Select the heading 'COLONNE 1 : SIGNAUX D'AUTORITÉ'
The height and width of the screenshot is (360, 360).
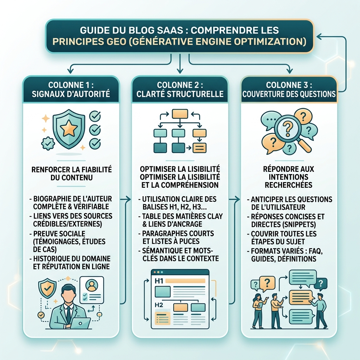pos(71,89)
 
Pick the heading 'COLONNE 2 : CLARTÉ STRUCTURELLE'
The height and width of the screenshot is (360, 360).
pos(180,89)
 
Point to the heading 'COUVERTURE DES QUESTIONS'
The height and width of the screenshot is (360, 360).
pos(289,94)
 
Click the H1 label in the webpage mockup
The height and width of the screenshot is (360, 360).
pos(159,281)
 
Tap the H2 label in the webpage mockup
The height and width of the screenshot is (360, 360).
pos(159,305)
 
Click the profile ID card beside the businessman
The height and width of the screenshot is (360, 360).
pos(92,290)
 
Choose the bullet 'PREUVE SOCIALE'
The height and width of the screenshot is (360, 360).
pos(59,233)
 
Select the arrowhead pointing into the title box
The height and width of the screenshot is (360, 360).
pos(319,36)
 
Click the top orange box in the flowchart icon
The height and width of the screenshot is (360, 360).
pos(180,114)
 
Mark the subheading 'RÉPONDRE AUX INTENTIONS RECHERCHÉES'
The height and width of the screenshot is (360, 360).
pos(289,177)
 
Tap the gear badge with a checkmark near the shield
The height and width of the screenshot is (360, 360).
pos(48,144)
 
